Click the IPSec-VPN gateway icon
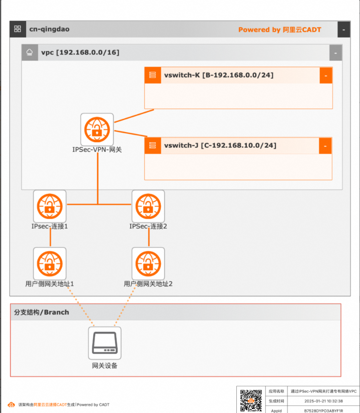pos(97,129)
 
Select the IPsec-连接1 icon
pos(50,206)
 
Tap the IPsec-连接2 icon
pos(148,206)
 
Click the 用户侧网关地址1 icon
pos(50,263)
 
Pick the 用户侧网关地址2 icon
pos(148,263)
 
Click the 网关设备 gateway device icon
pos(105,343)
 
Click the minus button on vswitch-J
pos(325,146)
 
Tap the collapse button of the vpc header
pos(335,53)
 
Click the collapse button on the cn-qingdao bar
pos(343,30)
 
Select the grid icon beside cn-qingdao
pos(18,29)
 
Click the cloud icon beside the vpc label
pos(30,52)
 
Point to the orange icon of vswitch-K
pos(152,76)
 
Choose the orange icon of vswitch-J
pos(152,146)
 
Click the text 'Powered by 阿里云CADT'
pos(279,30)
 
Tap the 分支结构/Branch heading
pos(42,312)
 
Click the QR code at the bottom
pos(251,400)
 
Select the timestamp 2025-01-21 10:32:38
pos(323,401)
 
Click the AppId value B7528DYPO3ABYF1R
pos(323,410)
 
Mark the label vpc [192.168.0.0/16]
pos(80,52)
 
